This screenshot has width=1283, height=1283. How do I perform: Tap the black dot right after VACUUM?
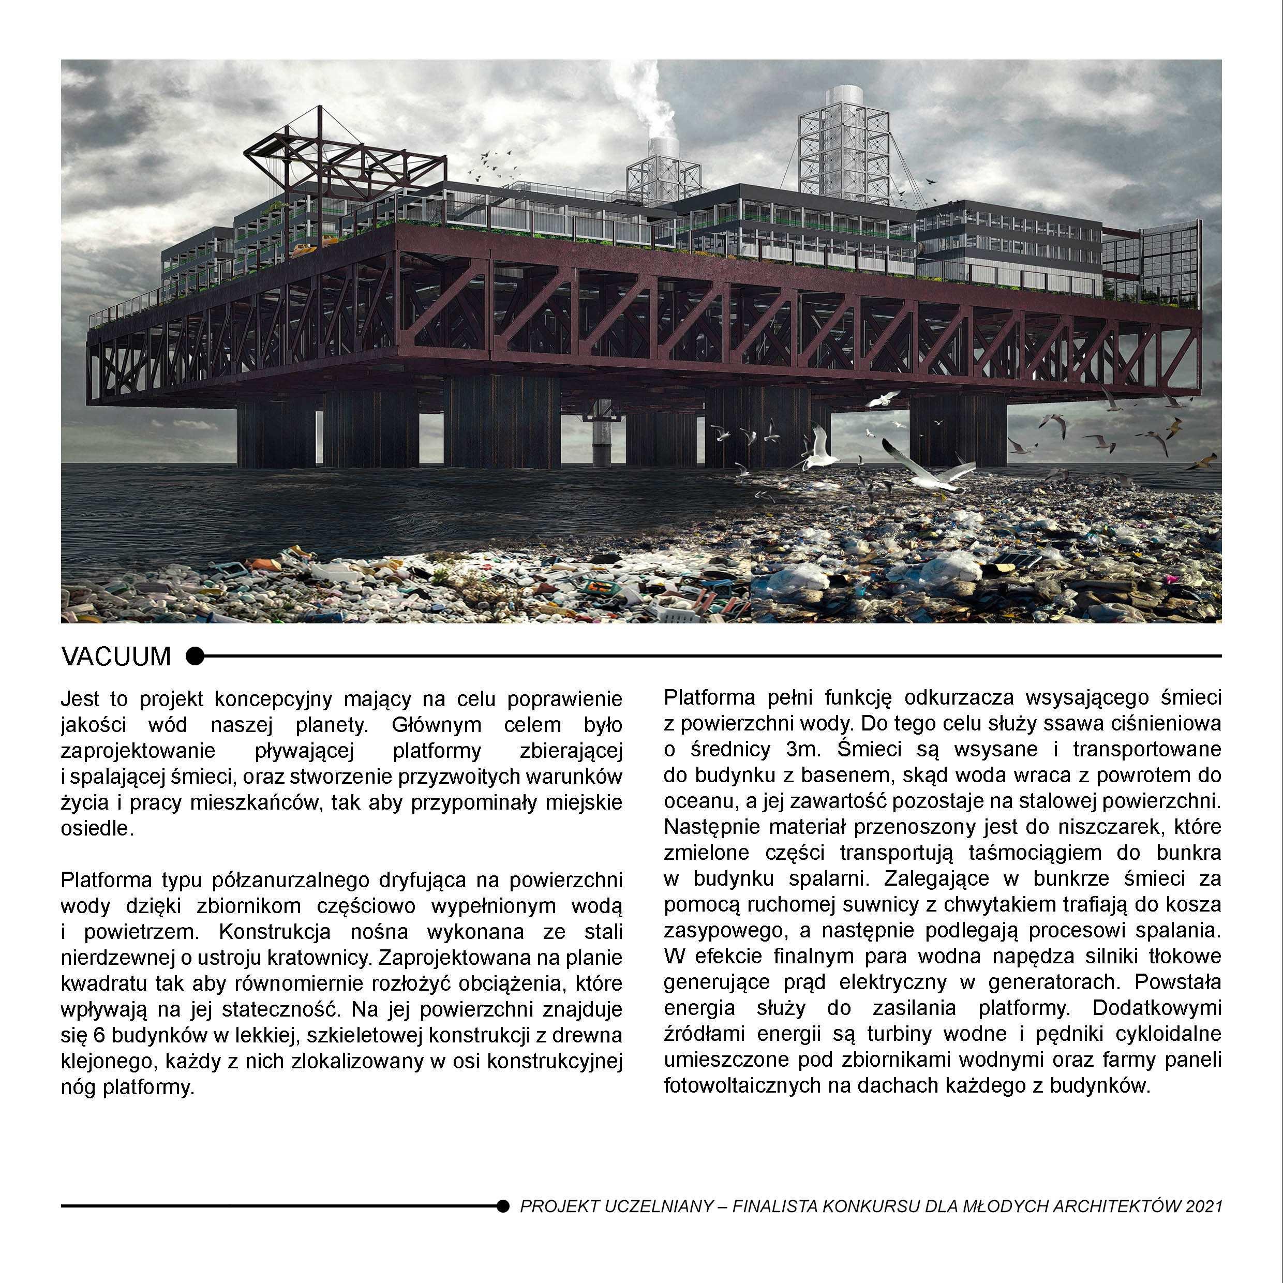195,656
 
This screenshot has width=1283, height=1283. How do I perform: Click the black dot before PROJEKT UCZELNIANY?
503,1205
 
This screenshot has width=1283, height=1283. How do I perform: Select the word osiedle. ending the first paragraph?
97,829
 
